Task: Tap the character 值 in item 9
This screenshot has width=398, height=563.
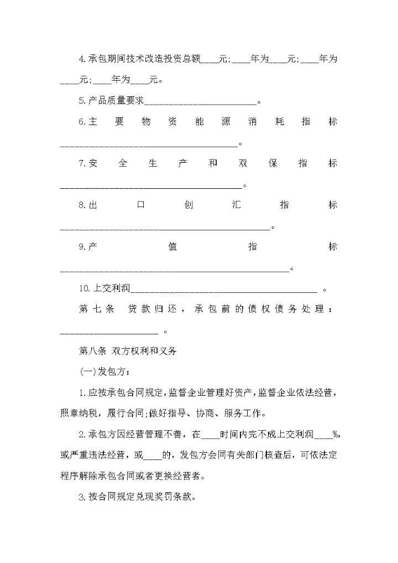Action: (x=172, y=247)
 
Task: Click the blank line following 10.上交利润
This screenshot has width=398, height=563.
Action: (x=223, y=289)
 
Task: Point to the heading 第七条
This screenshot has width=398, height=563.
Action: (x=97, y=309)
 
